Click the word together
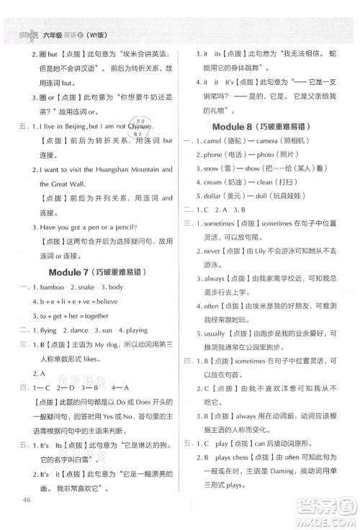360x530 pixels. (93, 315)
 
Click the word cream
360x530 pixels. (217, 183)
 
